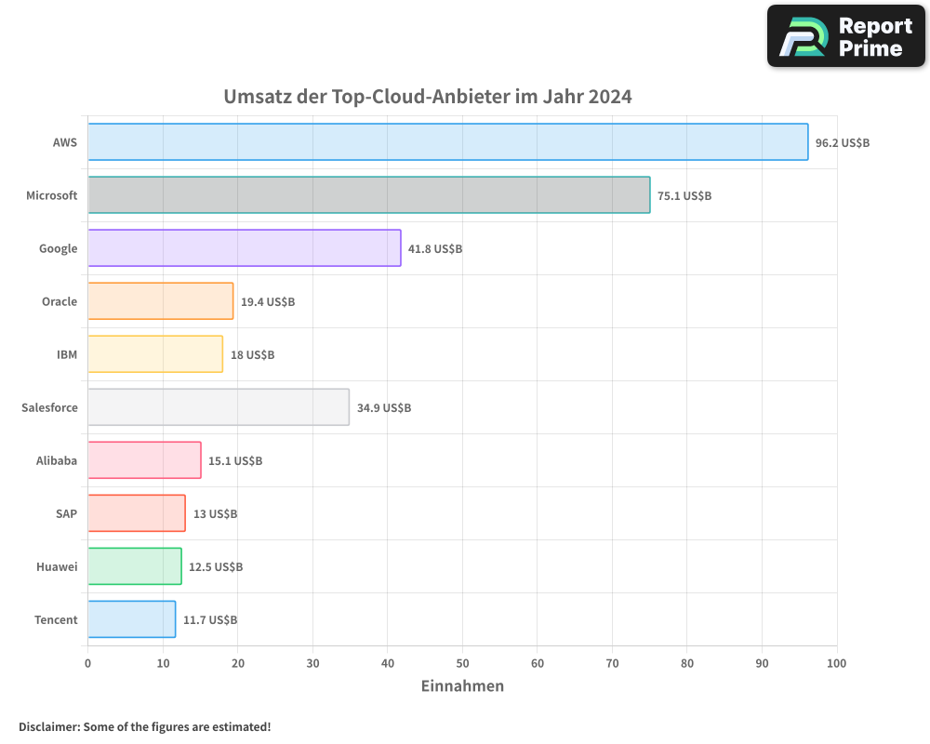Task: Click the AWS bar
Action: click(x=447, y=142)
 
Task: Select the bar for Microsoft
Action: click(x=368, y=195)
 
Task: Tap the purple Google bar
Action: click(x=244, y=248)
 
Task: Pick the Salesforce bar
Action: click(x=219, y=407)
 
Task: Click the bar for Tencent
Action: click(x=131, y=619)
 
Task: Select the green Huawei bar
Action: click(x=134, y=566)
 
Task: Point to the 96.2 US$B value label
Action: click(x=842, y=143)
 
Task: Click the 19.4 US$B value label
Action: click(x=267, y=302)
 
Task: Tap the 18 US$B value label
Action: click(x=252, y=355)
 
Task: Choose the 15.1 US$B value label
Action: click(x=234, y=461)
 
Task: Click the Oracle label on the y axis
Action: click(x=60, y=301)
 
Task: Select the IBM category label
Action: click(x=67, y=354)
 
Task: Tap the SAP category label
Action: click(x=66, y=513)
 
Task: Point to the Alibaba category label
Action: click(x=57, y=460)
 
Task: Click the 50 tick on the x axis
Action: click(x=462, y=663)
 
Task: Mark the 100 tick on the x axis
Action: click(x=836, y=663)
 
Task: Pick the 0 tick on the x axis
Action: click(x=88, y=663)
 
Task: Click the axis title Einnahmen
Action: click(x=462, y=686)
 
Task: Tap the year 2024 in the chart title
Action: click(x=609, y=97)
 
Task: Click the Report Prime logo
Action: click(x=846, y=36)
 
